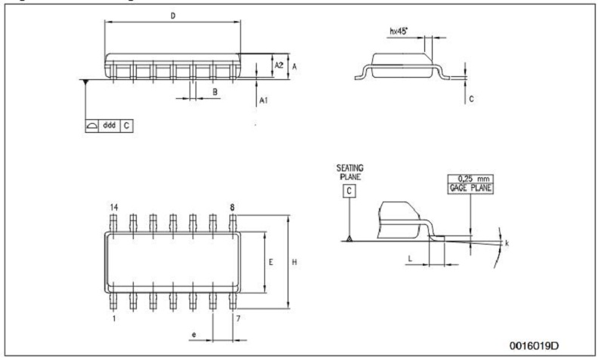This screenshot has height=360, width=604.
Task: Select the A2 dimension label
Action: [x=279, y=66]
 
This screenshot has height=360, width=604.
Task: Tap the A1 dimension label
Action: [x=263, y=100]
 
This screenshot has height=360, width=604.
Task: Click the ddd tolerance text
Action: [x=108, y=125]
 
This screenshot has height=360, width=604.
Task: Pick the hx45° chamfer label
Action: [x=399, y=32]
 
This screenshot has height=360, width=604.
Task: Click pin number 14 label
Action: [x=115, y=205]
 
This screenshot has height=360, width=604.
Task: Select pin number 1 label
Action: [x=115, y=318]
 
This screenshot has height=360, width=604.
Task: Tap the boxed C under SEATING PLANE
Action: [x=350, y=191]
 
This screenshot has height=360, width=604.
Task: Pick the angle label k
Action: [x=507, y=243]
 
